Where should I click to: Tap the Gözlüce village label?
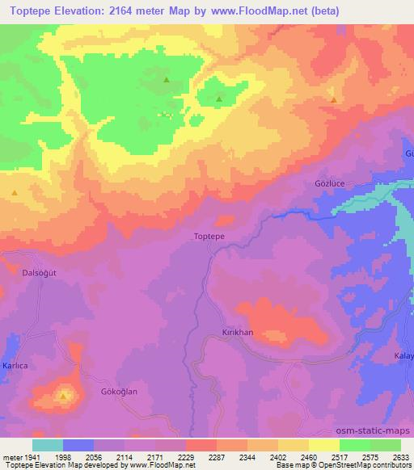[328, 183]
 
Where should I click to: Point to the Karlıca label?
[15, 366]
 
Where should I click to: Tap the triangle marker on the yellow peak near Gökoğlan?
[63, 397]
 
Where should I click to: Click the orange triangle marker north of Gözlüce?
[334, 100]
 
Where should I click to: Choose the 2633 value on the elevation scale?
[401, 456]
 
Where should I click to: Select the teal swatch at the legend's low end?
[47, 445]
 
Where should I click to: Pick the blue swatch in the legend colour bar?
[78, 445]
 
